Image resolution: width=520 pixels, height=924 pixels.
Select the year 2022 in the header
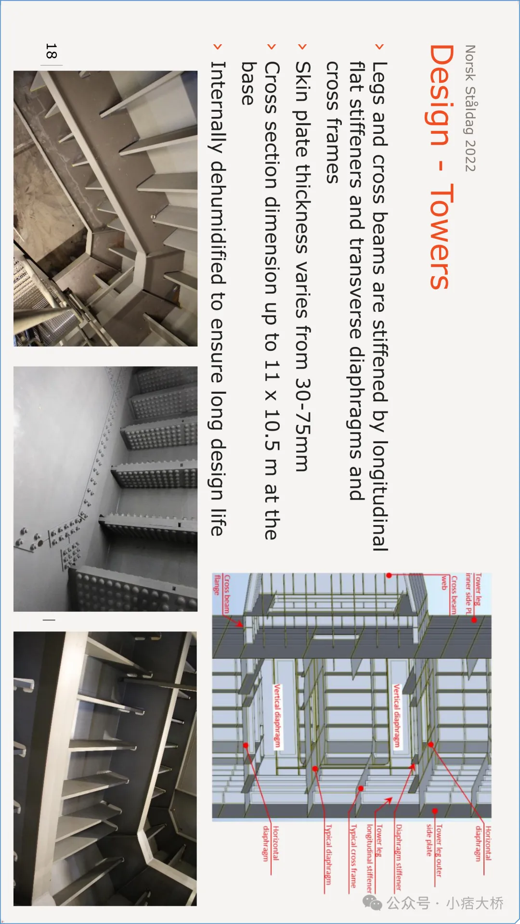[x=470, y=155]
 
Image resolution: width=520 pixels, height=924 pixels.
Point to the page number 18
[x=52, y=51]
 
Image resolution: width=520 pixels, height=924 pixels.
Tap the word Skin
[x=303, y=81]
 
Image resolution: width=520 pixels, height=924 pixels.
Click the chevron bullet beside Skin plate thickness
[x=302, y=47]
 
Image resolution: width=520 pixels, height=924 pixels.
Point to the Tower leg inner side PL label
[x=473, y=593]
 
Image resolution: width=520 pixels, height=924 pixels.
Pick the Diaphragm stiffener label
[x=399, y=857]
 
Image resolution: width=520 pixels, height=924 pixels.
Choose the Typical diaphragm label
[x=328, y=854]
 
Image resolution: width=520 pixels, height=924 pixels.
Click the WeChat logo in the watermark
[x=372, y=903]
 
